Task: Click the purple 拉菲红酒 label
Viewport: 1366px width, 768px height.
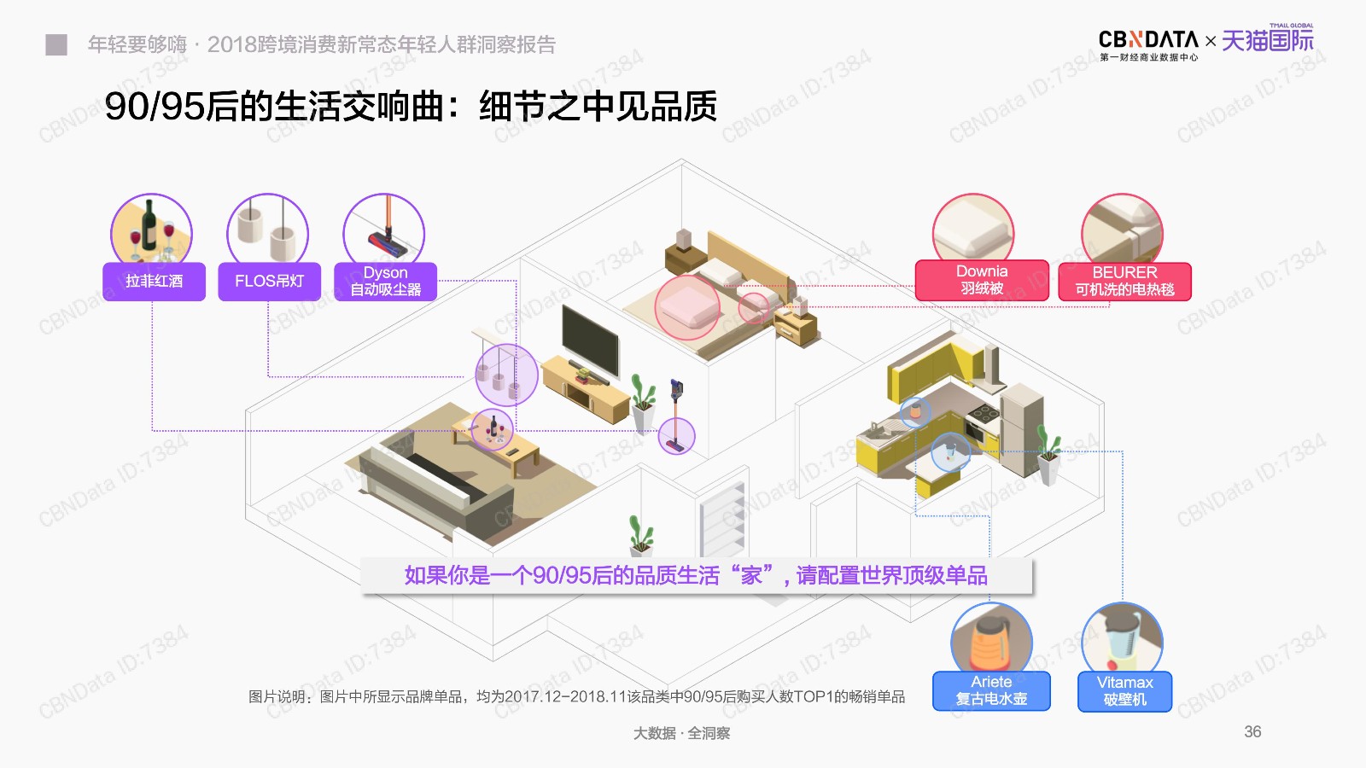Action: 154,281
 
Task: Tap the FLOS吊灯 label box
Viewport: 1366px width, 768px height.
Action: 269,281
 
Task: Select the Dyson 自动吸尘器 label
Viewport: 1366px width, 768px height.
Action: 385,281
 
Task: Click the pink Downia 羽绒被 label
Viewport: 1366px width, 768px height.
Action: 982,281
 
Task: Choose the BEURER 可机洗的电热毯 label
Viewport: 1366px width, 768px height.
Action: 1124,281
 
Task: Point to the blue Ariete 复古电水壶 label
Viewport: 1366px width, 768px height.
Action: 991,690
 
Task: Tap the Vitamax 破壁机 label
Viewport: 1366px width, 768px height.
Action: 1124,691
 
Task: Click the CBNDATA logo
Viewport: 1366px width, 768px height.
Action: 1148,44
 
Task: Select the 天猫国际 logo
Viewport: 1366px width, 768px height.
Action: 1268,39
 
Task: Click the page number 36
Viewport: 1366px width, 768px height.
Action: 1252,731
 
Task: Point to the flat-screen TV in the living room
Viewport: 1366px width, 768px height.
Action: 590,340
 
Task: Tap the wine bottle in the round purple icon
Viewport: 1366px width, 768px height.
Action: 149,225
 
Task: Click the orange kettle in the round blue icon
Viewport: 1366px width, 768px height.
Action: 989,645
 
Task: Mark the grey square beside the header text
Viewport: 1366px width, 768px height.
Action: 56,44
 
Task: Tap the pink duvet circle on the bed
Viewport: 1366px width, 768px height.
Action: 687,307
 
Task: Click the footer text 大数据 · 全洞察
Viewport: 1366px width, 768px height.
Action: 681,733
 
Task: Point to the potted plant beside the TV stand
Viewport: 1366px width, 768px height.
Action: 643,403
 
